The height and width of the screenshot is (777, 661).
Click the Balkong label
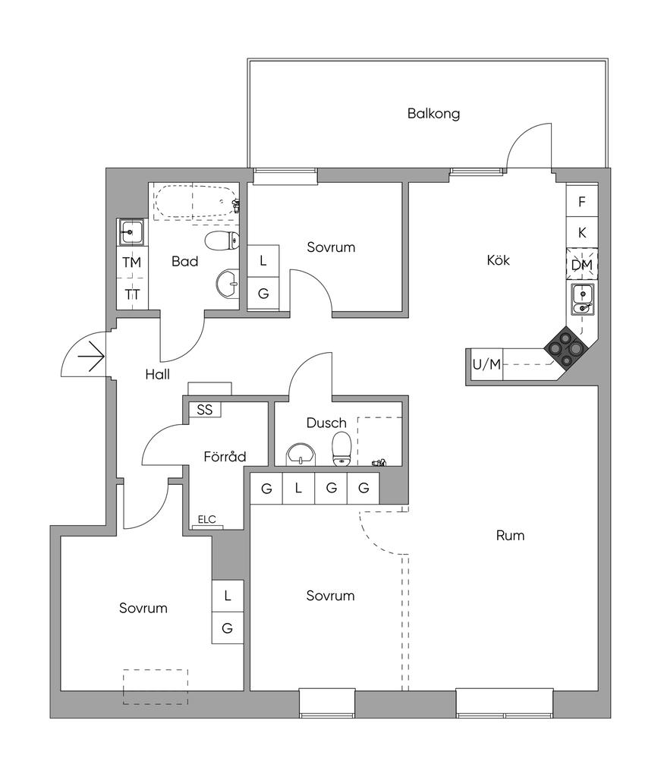[x=433, y=114]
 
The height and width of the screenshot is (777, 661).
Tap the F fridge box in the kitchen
[x=582, y=202]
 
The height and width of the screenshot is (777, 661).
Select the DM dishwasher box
[x=582, y=265]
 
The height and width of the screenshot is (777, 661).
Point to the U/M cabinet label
[x=486, y=364]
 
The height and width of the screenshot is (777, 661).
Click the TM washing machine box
[x=132, y=262]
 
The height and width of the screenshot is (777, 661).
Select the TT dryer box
[x=132, y=294]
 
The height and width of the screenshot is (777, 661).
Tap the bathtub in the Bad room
[x=197, y=203]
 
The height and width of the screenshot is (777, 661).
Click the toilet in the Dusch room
[x=342, y=448]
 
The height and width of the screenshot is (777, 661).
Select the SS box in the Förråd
[x=205, y=409]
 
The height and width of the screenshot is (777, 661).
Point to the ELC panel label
[x=206, y=520]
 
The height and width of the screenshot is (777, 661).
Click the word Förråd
[x=225, y=457]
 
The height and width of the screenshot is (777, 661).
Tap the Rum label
[x=510, y=536]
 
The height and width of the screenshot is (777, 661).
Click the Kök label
[x=498, y=260]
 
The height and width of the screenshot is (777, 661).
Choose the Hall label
[x=158, y=374]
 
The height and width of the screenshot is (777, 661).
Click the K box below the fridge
[x=582, y=233]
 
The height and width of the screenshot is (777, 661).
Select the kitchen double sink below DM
[x=583, y=300]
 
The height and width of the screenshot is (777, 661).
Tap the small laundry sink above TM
[x=131, y=231]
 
